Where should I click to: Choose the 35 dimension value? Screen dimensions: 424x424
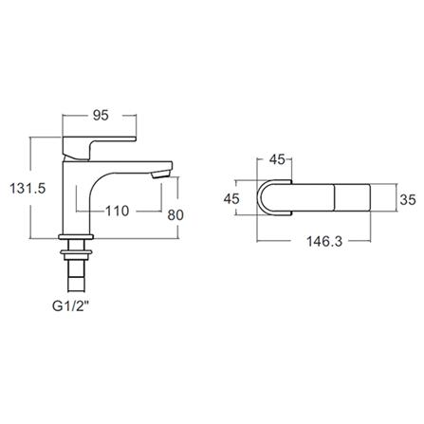coord(406,199)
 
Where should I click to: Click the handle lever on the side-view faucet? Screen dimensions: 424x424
coord(94,144)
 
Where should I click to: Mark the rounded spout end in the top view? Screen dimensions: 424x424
coord(267,199)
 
